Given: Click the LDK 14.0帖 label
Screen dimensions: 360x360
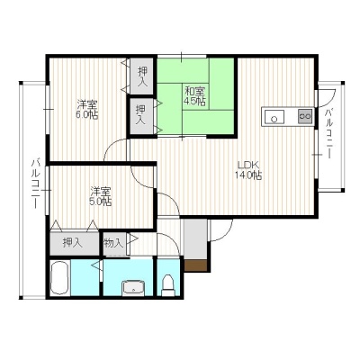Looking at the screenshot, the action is [248, 170].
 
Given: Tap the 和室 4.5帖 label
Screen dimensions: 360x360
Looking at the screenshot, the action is [194, 95].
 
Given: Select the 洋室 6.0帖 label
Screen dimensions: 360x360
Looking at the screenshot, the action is [87, 109].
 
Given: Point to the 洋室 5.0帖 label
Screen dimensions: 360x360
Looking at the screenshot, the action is [101, 196].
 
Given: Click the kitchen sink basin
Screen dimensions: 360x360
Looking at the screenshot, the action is [274, 117].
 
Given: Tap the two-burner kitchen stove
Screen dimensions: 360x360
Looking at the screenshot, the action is [305, 116].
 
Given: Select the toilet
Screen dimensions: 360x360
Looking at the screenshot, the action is [167, 285].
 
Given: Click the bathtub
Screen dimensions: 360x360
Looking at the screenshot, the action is [60, 278].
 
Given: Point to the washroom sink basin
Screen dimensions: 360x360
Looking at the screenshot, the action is [133, 288].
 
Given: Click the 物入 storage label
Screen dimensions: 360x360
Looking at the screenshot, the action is [113, 243].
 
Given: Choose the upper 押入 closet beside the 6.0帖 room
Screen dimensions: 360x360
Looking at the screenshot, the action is [142, 76].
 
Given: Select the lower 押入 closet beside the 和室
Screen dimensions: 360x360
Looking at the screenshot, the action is [140, 115].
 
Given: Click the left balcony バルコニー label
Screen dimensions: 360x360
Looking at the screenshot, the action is [36, 184].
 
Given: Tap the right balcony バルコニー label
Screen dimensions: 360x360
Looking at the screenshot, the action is [328, 134].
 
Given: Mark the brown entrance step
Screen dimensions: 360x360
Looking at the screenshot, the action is [195, 265].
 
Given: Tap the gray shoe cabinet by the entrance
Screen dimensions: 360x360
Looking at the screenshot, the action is [195, 239].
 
